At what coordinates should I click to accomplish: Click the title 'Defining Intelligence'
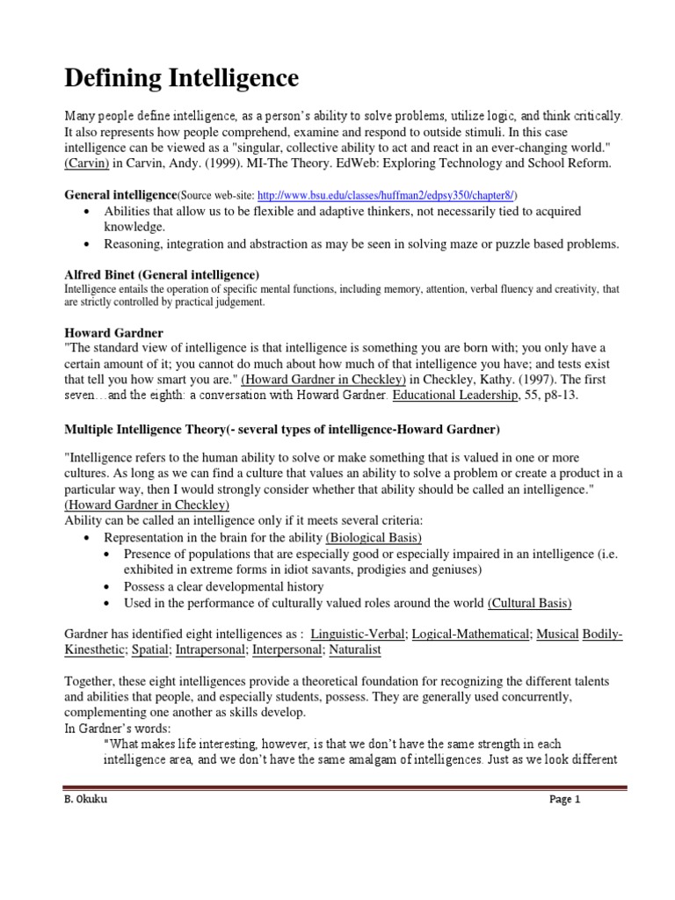(182, 79)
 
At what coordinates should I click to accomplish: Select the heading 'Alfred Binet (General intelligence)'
(163, 274)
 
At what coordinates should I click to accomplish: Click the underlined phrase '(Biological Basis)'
(374, 537)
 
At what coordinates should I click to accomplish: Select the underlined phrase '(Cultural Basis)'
(529, 603)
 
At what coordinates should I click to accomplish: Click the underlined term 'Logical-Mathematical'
(470, 633)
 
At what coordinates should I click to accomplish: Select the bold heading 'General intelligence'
(121, 194)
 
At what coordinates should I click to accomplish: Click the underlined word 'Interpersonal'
(287, 650)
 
